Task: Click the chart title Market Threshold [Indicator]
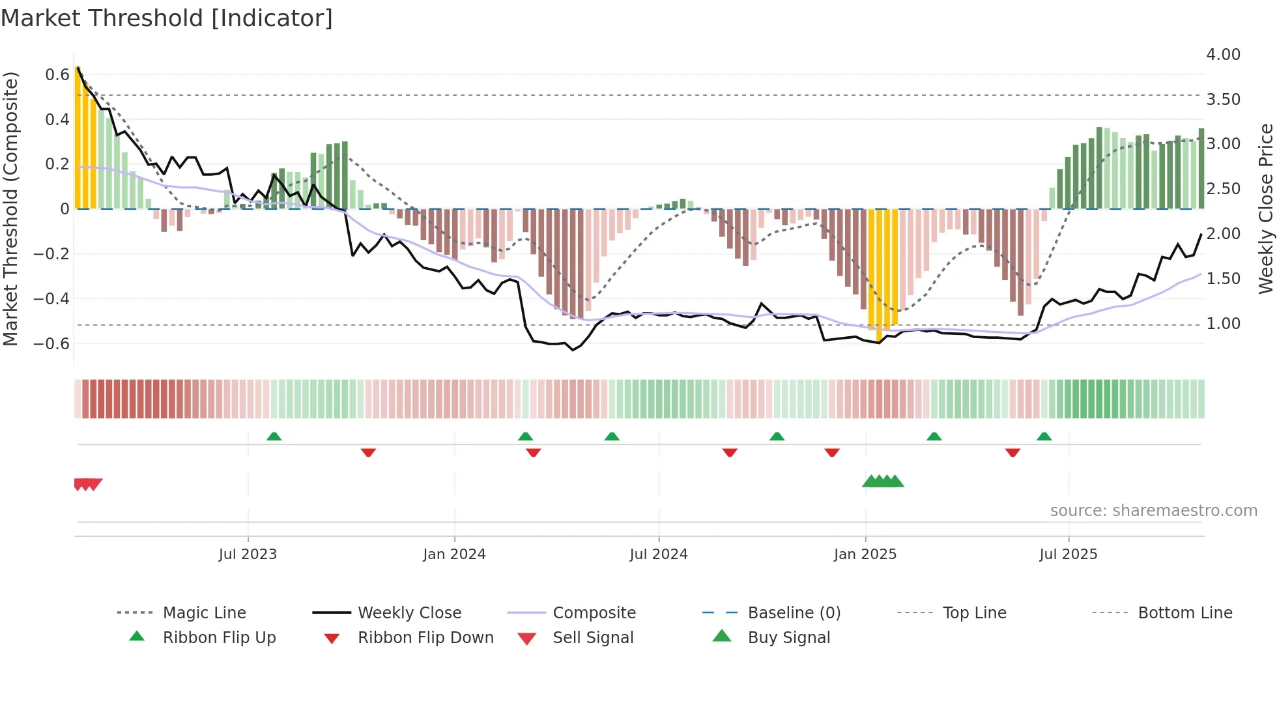point(167,18)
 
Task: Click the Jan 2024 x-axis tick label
point(454,554)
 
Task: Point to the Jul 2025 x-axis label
point(1068,554)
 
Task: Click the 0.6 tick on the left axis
point(57,75)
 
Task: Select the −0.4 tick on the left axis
point(51,299)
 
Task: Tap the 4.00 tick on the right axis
point(1223,55)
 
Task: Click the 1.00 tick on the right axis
point(1223,324)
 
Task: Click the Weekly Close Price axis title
point(1265,208)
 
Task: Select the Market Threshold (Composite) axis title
point(10,208)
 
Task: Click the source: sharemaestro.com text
point(1153,511)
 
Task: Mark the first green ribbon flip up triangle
point(274,437)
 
